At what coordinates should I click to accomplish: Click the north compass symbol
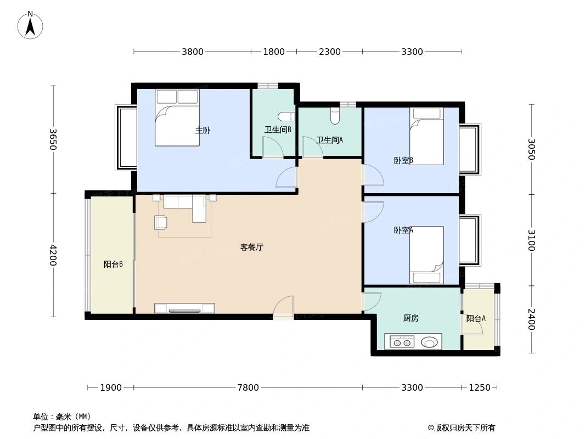click(x=30, y=25)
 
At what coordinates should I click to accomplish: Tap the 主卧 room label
click(x=203, y=131)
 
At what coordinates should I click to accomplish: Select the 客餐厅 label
click(x=252, y=247)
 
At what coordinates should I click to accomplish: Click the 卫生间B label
click(x=278, y=130)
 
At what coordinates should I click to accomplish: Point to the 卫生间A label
click(x=329, y=140)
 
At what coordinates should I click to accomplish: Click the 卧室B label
click(x=403, y=160)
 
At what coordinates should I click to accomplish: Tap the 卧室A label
click(x=403, y=230)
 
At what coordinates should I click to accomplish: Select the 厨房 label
click(x=410, y=318)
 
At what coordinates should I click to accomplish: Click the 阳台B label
click(x=113, y=264)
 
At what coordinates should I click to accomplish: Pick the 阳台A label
click(x=476, y=318)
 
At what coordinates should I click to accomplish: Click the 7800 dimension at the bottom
click(x=248, y=388)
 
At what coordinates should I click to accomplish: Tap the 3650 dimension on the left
click(x=53, y=139)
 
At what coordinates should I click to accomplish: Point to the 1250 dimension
click(x=479, y=388)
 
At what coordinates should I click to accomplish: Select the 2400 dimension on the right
click(x=531, y=319)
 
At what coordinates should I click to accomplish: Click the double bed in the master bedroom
click(x=177, y=117)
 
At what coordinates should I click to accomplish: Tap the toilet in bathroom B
click(x=286, y=116)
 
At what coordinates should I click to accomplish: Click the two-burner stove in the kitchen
click(x=402, y=343)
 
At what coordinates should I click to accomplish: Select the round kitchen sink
click(x=431, y=343)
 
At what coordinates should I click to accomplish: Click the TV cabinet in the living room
click(x=184, y=308)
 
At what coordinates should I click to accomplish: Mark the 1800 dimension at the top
click(x=274, y=52)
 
